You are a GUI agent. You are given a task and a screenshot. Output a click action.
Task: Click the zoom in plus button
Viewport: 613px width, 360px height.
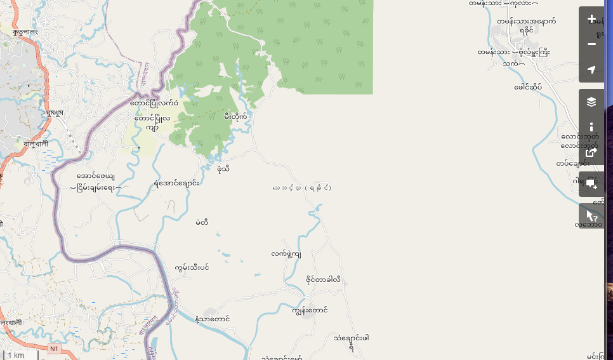[591, 19]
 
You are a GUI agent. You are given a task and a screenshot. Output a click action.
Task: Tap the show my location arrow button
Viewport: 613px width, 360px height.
[591, 70]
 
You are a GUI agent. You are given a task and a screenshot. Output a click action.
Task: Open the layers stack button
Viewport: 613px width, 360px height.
[591, 102]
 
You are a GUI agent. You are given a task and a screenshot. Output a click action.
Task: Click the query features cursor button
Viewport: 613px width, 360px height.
[591, 216]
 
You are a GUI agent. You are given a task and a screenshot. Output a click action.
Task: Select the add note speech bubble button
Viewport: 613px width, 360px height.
[591, 184]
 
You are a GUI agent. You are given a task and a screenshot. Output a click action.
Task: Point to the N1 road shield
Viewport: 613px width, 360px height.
[55, 349]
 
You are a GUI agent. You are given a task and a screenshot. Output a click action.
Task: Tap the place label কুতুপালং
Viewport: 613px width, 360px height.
[25, 31]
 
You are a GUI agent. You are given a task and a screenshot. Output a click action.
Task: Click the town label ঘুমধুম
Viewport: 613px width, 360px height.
[55, 112]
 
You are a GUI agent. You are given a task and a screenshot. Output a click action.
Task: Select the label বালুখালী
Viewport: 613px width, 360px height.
[36, 144]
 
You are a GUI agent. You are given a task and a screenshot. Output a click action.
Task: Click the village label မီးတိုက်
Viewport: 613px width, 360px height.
[235, 116]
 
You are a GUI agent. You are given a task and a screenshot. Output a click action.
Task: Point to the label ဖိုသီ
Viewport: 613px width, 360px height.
[223, 168]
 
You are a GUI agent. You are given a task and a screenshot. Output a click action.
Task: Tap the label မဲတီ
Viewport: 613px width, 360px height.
[202, 222]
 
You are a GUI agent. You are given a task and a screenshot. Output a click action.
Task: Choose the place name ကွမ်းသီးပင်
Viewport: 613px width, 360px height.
[192, 267]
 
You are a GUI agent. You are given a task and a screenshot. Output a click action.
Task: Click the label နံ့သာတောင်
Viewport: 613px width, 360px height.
[213, 319]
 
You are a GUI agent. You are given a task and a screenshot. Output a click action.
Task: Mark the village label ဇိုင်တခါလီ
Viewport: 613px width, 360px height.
[323, 279]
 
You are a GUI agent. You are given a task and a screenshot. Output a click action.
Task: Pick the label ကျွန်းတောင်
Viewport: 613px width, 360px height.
[310, 310]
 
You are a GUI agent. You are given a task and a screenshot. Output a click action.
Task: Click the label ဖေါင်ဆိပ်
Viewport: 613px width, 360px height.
[528, 87]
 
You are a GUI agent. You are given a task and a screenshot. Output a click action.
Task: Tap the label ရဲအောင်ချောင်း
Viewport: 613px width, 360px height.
[176, 183]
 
